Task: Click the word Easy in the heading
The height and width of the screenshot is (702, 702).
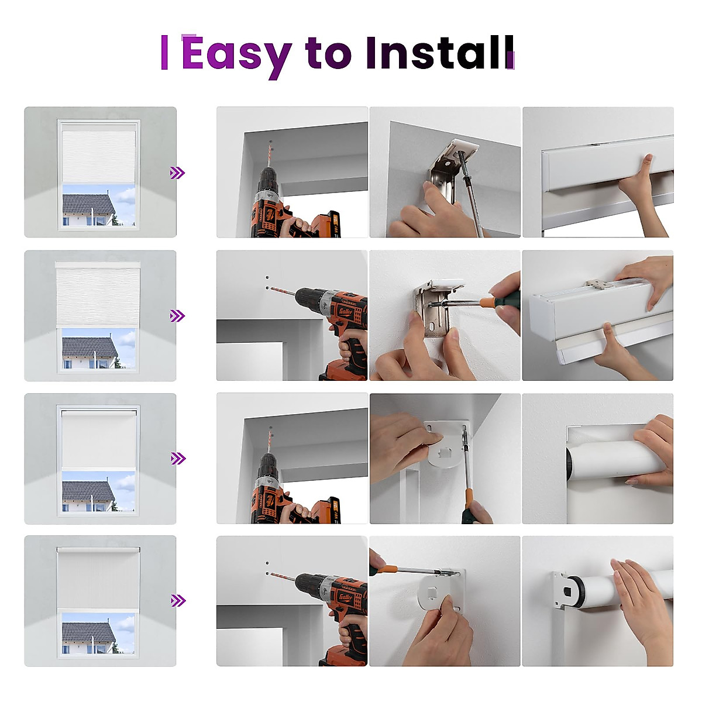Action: [x=236, y=54]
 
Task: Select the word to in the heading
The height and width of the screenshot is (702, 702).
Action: [x=328, y=53]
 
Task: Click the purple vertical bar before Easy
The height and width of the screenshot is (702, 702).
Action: [x=164, y=53]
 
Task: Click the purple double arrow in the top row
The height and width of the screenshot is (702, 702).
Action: [x=177, y=173]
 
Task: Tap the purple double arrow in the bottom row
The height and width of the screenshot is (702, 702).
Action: [x=177, y=601]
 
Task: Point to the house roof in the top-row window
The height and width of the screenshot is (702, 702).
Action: [x=88, y=204]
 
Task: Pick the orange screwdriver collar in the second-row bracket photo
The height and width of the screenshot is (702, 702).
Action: [x=487, y=302]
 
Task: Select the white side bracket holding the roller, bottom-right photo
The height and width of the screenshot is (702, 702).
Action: [x=562, y=591]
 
